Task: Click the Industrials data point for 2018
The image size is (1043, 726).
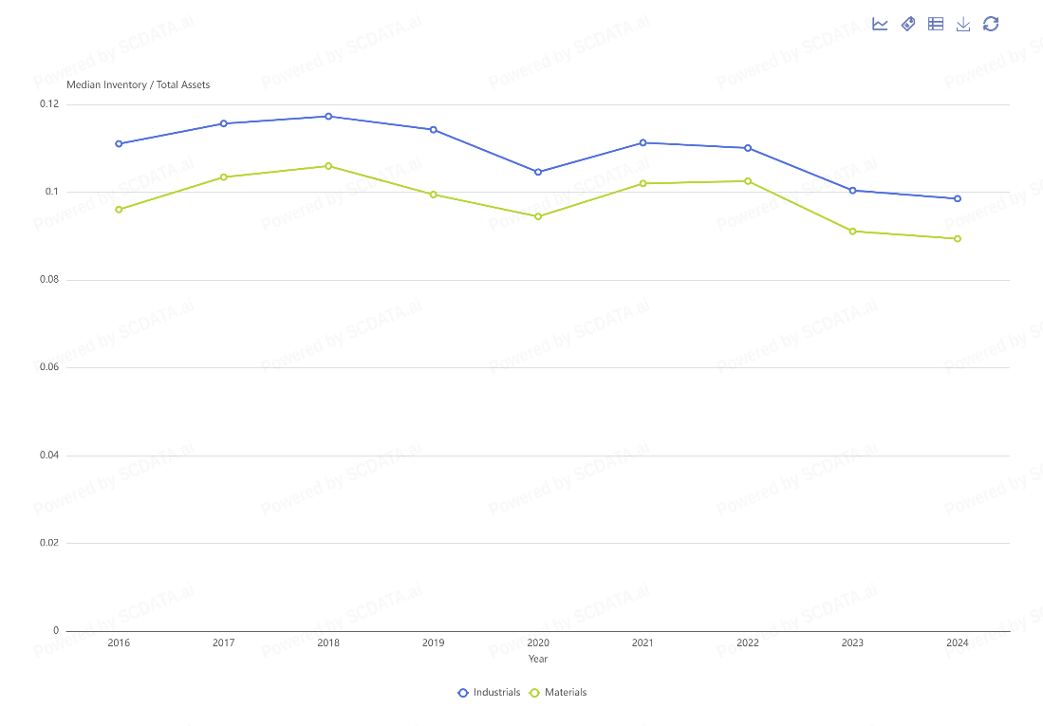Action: [x=328, y=117]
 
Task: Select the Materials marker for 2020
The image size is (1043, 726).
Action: [x=538, y=216]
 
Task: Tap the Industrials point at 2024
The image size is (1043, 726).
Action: [x=958, y=198]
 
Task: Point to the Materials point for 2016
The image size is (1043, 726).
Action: [x=119, y=210]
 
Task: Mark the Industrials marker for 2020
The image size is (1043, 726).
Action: [x=538, y=172]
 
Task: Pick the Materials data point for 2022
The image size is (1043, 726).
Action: [x=748, y=181]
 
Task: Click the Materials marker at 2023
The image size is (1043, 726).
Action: [x=852, y=232]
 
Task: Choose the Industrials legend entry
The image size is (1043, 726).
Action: [x=489, y=693]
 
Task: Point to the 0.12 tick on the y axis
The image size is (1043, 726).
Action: [x=49, y=103]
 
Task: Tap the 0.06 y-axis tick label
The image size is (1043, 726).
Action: [x=49, y=367]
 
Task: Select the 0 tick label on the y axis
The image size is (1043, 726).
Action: [x=56, y=631]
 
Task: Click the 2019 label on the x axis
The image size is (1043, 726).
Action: [x=433, y=643]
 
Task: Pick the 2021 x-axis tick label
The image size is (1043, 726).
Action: [x=643, y=643]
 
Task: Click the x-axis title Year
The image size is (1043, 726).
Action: [x=538, y=660]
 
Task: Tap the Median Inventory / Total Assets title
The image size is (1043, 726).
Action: [x=139, y=84]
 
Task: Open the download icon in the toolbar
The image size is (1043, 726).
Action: [x=963, y=24]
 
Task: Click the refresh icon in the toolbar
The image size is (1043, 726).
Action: [x=991, y=24]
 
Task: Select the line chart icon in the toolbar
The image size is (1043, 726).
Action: [x=880, y=24]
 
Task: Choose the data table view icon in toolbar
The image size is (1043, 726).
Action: [x=936, y=24]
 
